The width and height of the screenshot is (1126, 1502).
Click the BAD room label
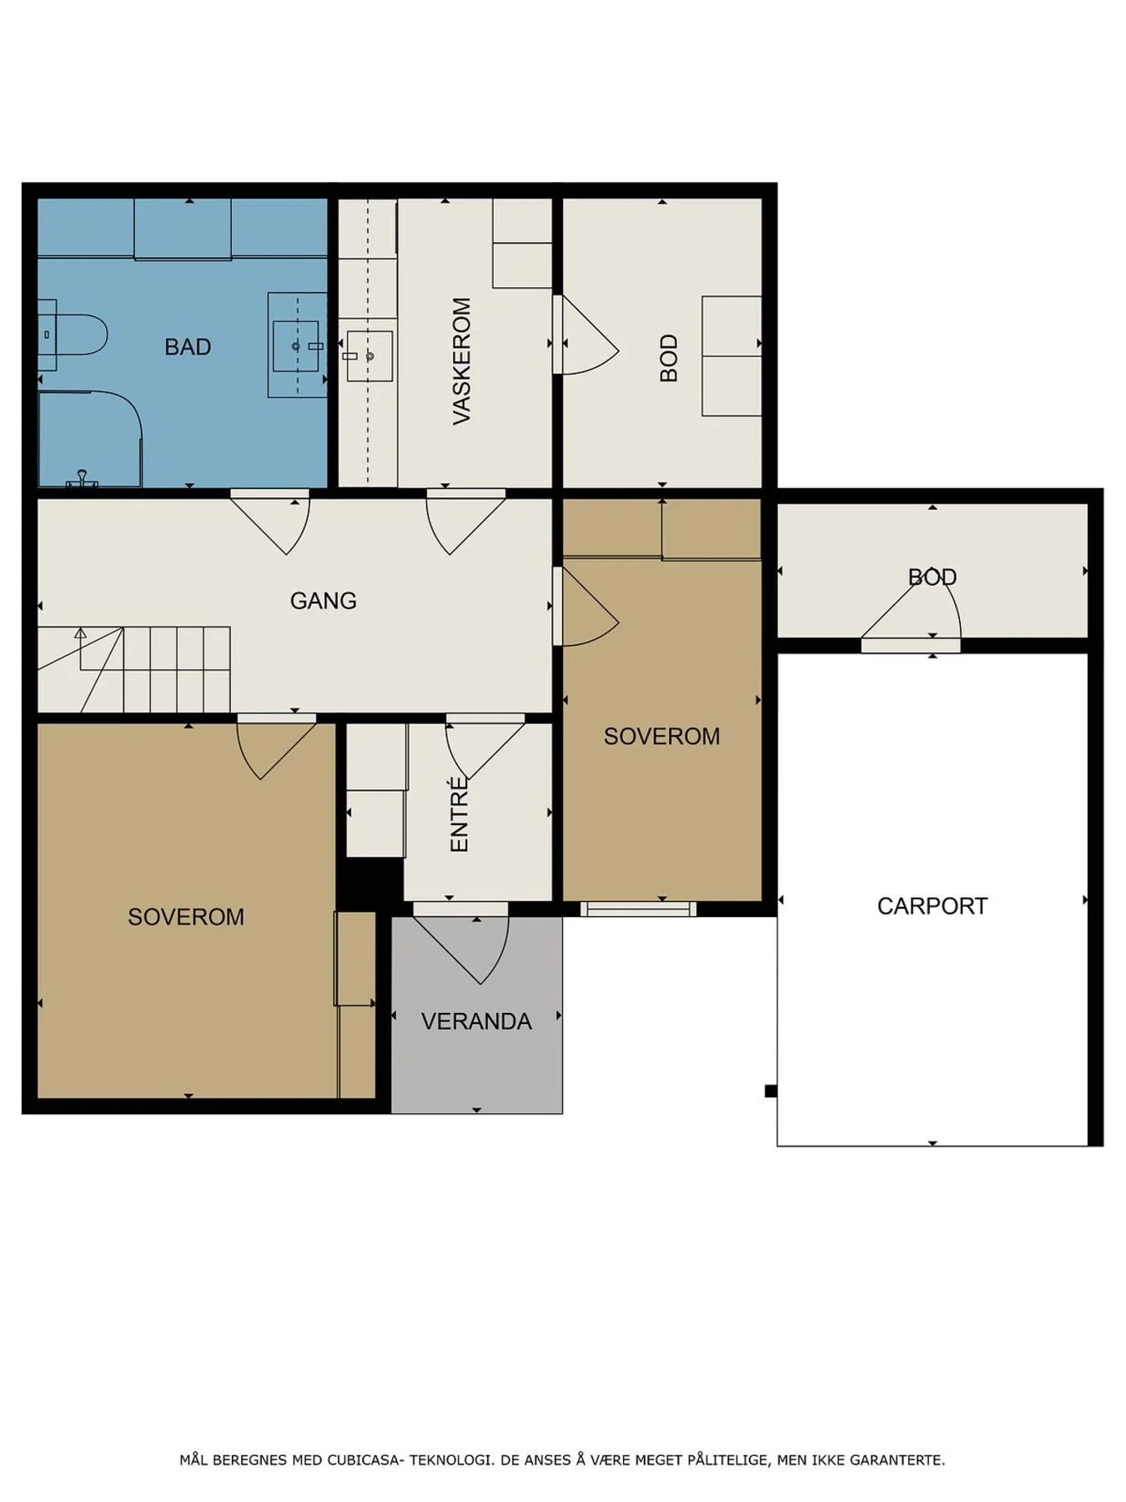(188, 347)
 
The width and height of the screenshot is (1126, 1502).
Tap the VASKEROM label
(461, 361)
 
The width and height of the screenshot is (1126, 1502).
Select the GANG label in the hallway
(323, 601)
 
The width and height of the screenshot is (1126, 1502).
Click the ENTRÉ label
(460, 814)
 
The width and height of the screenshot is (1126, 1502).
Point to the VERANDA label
(476, 1021)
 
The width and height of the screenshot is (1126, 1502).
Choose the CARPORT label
(932, 906)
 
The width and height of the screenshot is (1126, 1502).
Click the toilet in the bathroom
(73, 335)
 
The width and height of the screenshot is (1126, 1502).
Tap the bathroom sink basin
(296, 345)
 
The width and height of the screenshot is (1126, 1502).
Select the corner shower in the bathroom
(90, 439)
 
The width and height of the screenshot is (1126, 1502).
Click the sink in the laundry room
(369, 356)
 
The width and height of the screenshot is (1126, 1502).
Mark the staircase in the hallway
(134, 669)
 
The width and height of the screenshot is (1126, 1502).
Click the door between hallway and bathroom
(270, 522)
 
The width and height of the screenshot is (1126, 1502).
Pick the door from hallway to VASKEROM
(465, 522)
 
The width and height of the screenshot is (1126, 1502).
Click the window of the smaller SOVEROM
(638, 909)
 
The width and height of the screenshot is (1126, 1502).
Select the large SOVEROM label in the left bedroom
(186, 917)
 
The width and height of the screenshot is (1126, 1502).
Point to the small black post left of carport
(771, 1091)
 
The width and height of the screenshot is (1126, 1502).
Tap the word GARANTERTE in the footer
(903, 1460)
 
